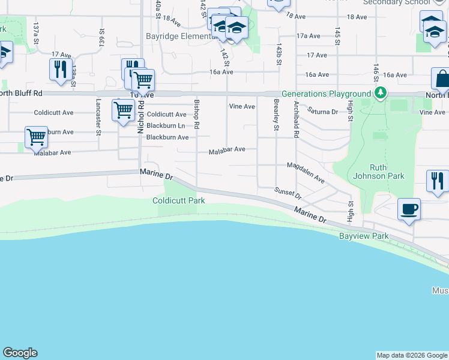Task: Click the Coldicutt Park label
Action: pyautogui.click(x=179, y=200)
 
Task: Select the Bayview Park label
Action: pyautogui.click(x=364, y=236)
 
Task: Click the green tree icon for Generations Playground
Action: pyautogui.click(x=379, y=94)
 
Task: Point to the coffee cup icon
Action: pyautogui.click(x=409, y=209)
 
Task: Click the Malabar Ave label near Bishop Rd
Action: pyautogui.click(x=227, y=149)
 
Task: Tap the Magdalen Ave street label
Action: pyautogui.click(x=306, y=173)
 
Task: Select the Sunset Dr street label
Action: pyautogui.click(x=288, y=192)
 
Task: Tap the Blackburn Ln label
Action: pyautogui.click(x=165, y=125)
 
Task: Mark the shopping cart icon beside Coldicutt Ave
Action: pyautogui.click(x=123, y=110)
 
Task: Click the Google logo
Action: pyautogui.click(x=20, y=353)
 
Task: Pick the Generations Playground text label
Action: pyautogui.click(x=326, y=94)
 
